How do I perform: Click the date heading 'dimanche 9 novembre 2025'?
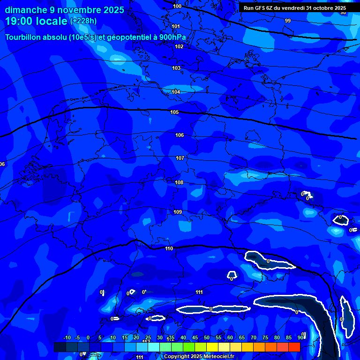click(65, 10)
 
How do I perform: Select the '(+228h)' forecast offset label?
click(83, 21)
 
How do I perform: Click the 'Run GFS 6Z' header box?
click(295, 8)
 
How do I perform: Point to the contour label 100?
click(177, 6)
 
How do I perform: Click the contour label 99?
click(288, 21)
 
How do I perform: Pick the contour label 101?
click(176, 26)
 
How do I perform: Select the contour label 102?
click(179, 46)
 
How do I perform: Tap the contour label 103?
click(176, 68)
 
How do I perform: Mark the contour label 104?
click(176, 92)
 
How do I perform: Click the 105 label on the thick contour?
click(174, 112)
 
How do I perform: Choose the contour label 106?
click(180, 135)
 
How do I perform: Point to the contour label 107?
click(180, 158)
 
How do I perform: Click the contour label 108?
click(179, 182)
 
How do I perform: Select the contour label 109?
click(178, 212)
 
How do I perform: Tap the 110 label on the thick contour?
click(169, 248)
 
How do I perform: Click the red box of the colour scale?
click(294, 347)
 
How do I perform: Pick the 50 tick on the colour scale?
click(207, 337)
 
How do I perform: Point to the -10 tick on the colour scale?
click(67, 337)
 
